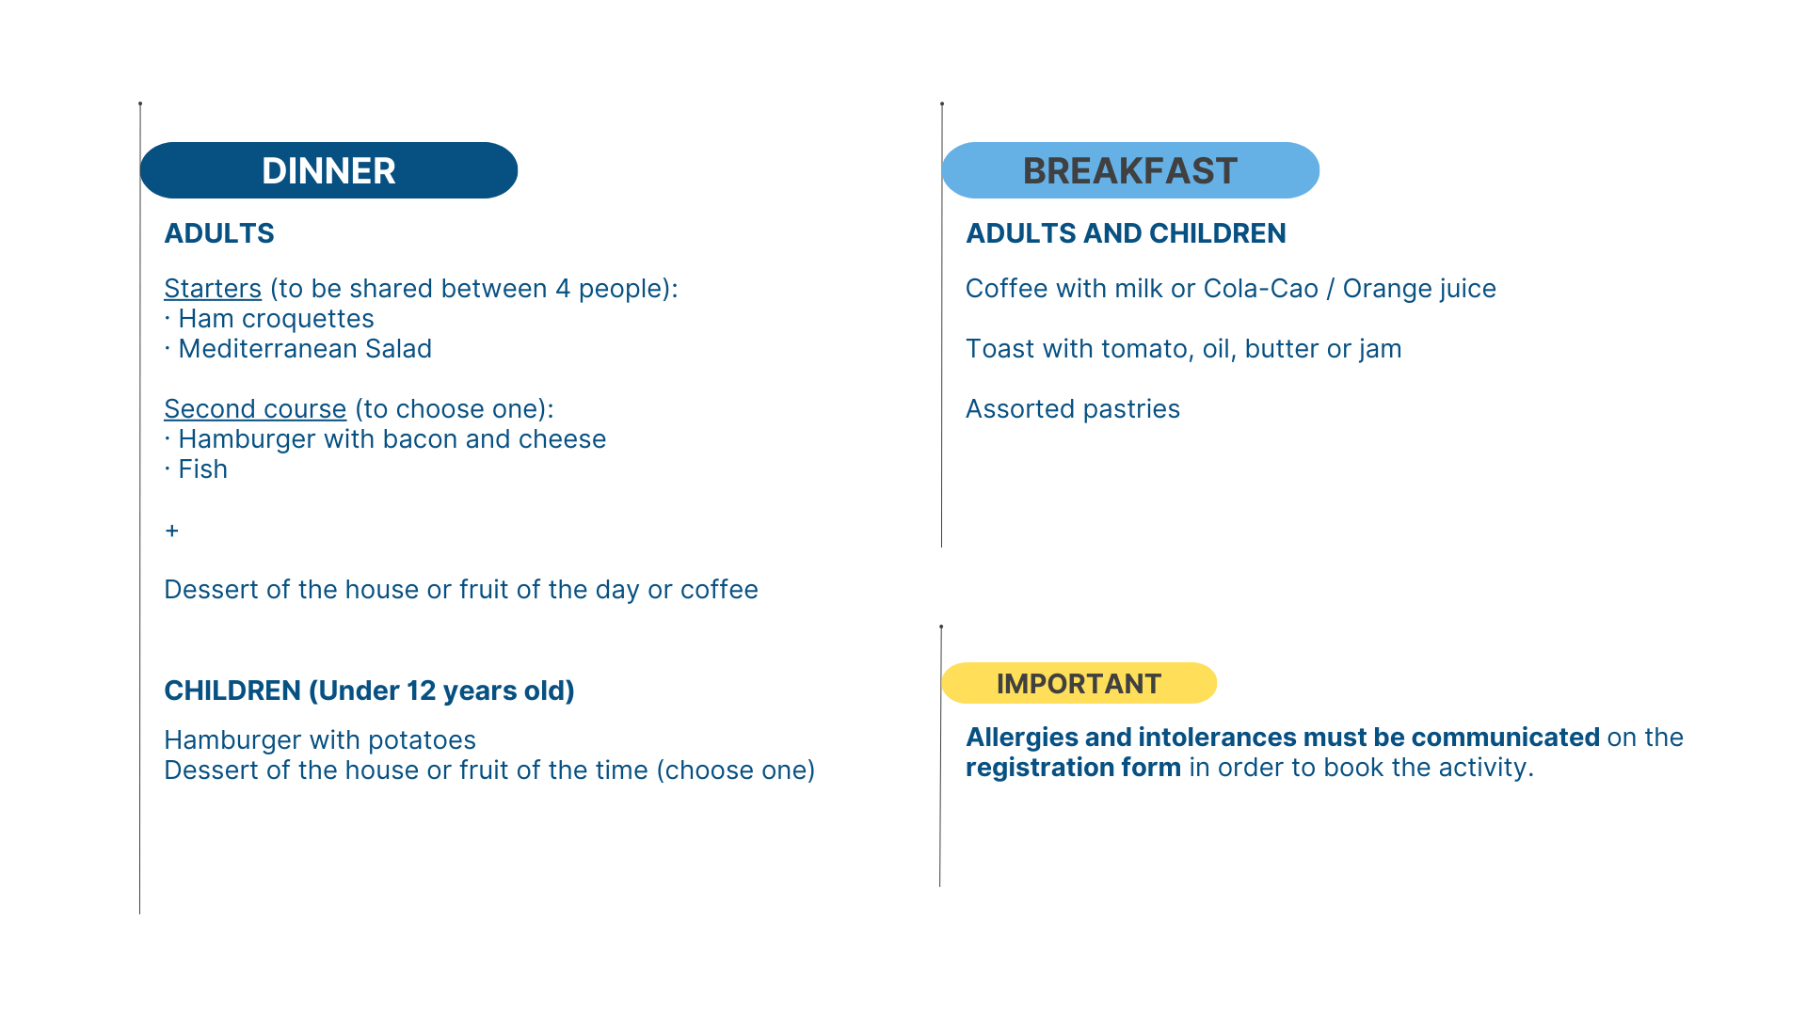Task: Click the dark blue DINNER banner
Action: click(328, 170)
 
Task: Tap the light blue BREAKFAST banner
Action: click(1130, 170)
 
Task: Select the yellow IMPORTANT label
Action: click(1079, 683)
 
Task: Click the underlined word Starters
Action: click(213, 289)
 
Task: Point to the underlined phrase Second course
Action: click(255, 409)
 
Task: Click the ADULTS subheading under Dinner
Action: click(219, 233)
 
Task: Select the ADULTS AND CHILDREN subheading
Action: click(1126, 233)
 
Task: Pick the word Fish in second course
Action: click(203, 469)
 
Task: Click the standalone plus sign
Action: click(171, 531)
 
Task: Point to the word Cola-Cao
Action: click(1261, 289)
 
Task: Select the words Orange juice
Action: click(1419, 289)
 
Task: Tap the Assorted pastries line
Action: click(1073, 409)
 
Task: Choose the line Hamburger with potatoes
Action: click(320, 740)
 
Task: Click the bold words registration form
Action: click(1073, 768)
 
